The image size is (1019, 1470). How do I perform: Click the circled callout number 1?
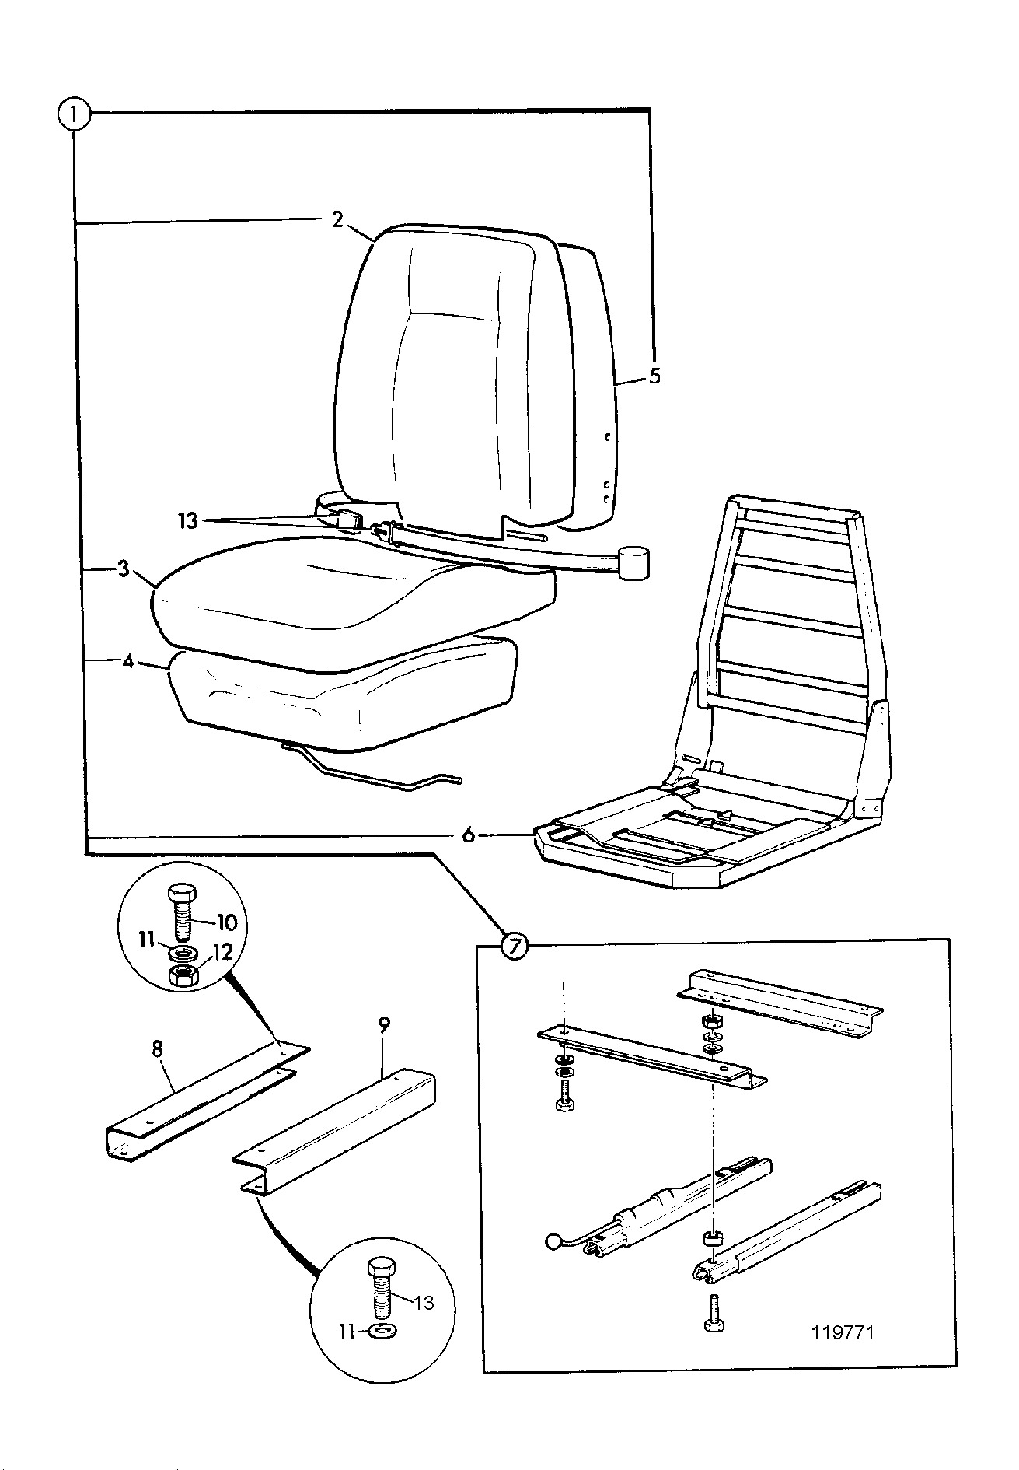74,117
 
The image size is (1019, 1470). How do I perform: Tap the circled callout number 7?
514,946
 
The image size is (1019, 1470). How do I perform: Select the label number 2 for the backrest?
337,219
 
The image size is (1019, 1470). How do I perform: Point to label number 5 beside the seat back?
654,376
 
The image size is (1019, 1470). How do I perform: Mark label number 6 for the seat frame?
468,835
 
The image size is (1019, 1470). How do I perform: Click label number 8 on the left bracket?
157,1048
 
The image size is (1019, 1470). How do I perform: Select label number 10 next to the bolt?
225,922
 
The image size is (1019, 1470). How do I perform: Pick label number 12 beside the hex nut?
222,953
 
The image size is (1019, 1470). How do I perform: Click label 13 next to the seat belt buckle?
188,520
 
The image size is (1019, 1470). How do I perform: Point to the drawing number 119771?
843,1333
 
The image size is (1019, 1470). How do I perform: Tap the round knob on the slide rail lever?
553,1243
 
